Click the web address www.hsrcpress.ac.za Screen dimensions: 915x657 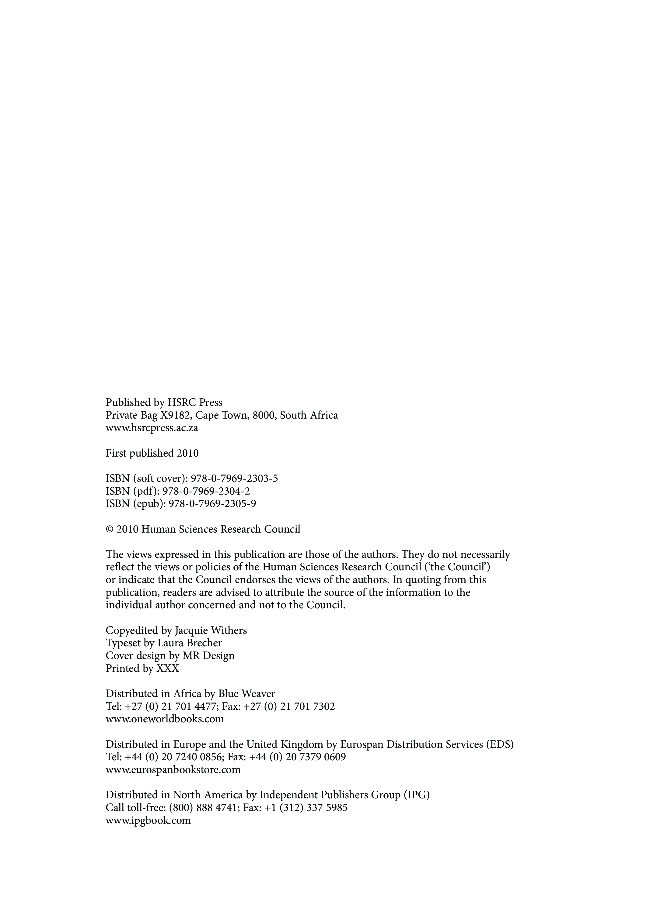[x=152, y=428]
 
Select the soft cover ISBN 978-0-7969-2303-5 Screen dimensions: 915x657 [x=234, y=478]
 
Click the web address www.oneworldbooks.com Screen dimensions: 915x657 [x=165, y=719]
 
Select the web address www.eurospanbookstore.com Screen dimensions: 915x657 [x=173, y=769]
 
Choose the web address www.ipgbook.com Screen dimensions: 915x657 [x=148, y=820]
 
